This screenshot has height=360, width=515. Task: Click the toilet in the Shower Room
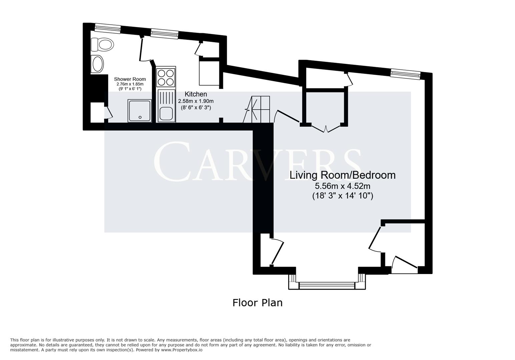102,44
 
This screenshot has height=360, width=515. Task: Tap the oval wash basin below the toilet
97,64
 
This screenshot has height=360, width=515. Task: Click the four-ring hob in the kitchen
166,77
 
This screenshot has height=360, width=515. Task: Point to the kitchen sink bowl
166,113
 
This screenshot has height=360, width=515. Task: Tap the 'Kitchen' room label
196,94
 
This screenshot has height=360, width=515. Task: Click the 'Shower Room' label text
130,79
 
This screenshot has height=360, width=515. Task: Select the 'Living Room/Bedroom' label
342,175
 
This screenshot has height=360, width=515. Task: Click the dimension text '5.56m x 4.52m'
342,186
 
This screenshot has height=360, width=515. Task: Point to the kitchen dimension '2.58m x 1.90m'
196,101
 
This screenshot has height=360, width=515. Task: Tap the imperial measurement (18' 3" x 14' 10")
342,196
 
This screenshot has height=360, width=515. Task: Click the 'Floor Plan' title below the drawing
257,303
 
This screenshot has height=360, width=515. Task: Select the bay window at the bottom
327,285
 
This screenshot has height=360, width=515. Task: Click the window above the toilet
107,28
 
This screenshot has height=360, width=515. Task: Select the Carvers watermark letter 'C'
172,162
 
